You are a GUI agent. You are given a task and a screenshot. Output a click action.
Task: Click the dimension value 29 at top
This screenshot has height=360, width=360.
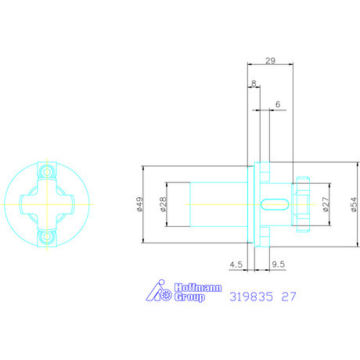click(x=270, y=61)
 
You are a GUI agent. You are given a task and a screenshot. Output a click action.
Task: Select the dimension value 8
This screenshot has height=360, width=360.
click(x=254, y=83)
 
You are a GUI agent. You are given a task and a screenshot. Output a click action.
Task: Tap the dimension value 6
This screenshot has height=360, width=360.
click(x=278, y=104)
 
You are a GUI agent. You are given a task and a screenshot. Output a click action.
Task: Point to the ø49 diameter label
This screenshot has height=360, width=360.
click(x=140, y=204)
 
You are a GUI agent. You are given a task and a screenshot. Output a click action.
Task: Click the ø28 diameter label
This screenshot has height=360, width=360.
click(x=163, y=204)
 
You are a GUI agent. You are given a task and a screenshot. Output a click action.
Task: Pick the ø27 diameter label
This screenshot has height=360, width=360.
click(x=326, y=204)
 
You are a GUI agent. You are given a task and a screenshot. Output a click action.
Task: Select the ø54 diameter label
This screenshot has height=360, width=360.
click(x=354, y=204)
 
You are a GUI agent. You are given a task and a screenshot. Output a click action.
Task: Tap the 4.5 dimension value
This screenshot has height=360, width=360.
click(x=236, y=265)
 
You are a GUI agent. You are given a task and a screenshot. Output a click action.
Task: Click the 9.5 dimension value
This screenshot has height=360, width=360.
click(x=279, y=265)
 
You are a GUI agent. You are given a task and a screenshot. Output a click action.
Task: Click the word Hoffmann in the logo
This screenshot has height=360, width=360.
click(x=198, y=288)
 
